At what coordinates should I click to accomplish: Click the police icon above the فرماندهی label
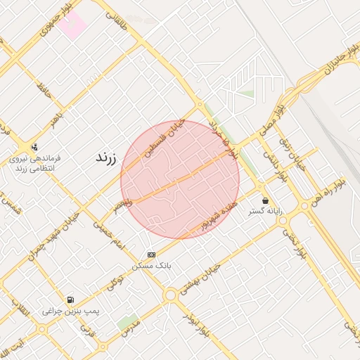point(34,147)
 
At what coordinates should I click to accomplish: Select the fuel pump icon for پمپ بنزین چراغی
point(70,300)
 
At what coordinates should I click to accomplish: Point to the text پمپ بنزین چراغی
point(71,311)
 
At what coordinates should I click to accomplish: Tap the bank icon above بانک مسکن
point(151,254)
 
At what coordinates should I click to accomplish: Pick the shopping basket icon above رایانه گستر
point(264,200)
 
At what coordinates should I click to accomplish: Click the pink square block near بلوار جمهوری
point(72,25)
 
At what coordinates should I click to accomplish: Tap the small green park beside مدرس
point(127,323)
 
